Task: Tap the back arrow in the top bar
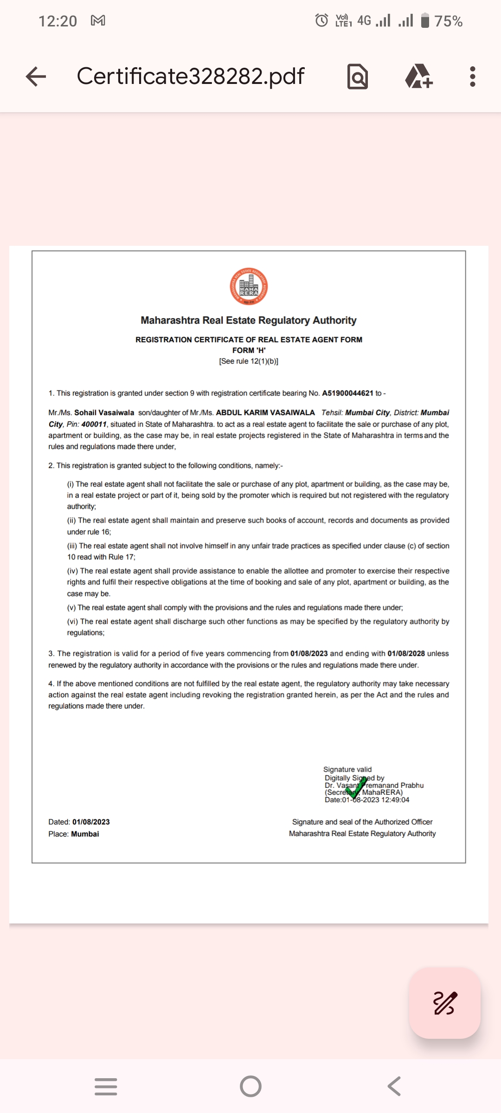coord(36,77)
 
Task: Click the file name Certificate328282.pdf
coord(190,76)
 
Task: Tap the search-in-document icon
coord(358,77)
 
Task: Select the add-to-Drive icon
coord(419,77)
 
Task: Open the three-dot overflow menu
coord(472,77)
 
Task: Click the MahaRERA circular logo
coord(249,287)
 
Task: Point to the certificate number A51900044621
coord(347,393)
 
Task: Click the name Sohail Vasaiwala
coord(104,413)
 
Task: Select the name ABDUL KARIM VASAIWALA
coord(265,413)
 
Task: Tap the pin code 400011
coord(94,424)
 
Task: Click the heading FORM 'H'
coord(249,351)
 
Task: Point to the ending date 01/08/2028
coord(406,653)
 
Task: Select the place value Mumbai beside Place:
coord(85,834)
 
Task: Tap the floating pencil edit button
coord(445,1003)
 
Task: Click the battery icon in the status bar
coord(425,21)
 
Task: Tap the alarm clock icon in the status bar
coord(321,20)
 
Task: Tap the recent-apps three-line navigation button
coord(106,1087)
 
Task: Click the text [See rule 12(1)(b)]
coord(249,361)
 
